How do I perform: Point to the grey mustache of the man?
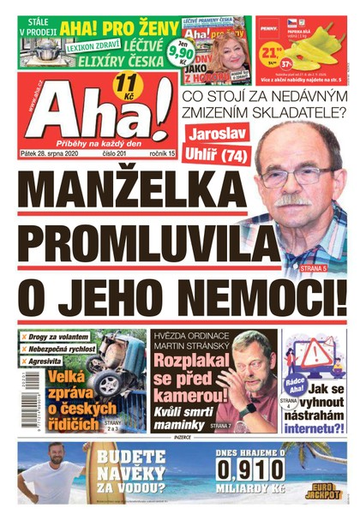pyautogui.click(x=296, y=200)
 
